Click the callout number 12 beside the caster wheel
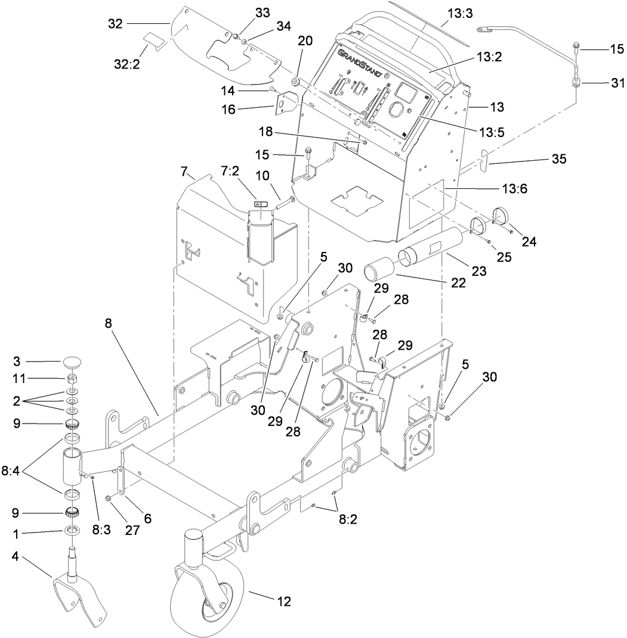(x=283, y=601)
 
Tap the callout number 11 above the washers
(x=19, y=378)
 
